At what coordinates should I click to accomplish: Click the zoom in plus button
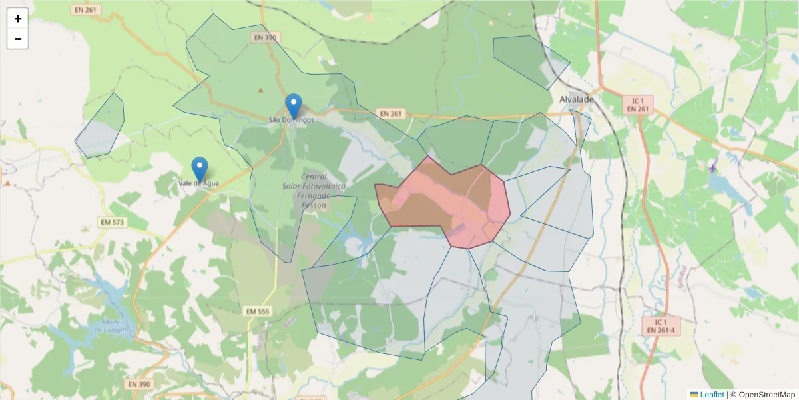pyautogui.click(x=18, y=19)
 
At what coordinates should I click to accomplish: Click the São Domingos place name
pyautogui.click(x=291, y=120)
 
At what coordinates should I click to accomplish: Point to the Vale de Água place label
pyautogui.click(x=198, y=183)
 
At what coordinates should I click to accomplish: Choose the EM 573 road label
pyautogui.click(x=113, y=221)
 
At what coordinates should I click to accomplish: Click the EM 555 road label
pyautogui.click(x=258, y=311)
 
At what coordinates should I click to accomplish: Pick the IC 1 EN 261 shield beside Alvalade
pyautogui.click(x=638, y=105)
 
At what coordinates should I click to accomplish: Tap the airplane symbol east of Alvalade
pyautogui.click(x=714, y=167)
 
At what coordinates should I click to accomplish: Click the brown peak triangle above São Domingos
pyautogui.click(x=260, y=90)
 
